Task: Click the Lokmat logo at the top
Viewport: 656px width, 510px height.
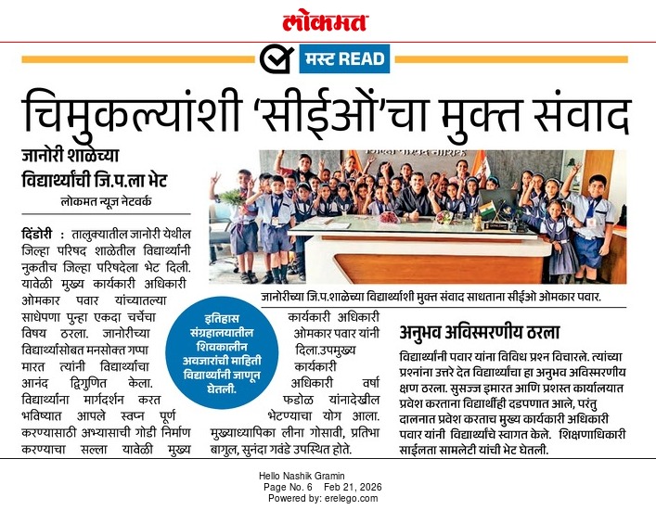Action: tap(326, 21)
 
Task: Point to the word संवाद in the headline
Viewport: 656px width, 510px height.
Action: tap(574, 115)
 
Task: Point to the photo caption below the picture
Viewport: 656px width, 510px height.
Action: tap(431, 298)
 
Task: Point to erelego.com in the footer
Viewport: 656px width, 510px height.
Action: tap(353, 498)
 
